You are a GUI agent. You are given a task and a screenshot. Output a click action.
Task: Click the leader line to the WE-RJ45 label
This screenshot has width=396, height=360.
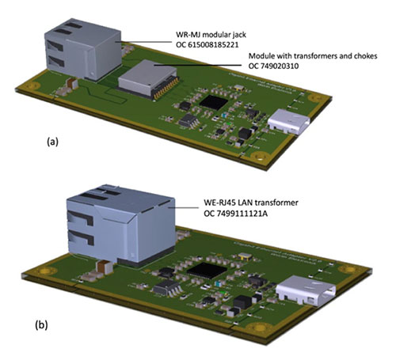click(174, 209)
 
